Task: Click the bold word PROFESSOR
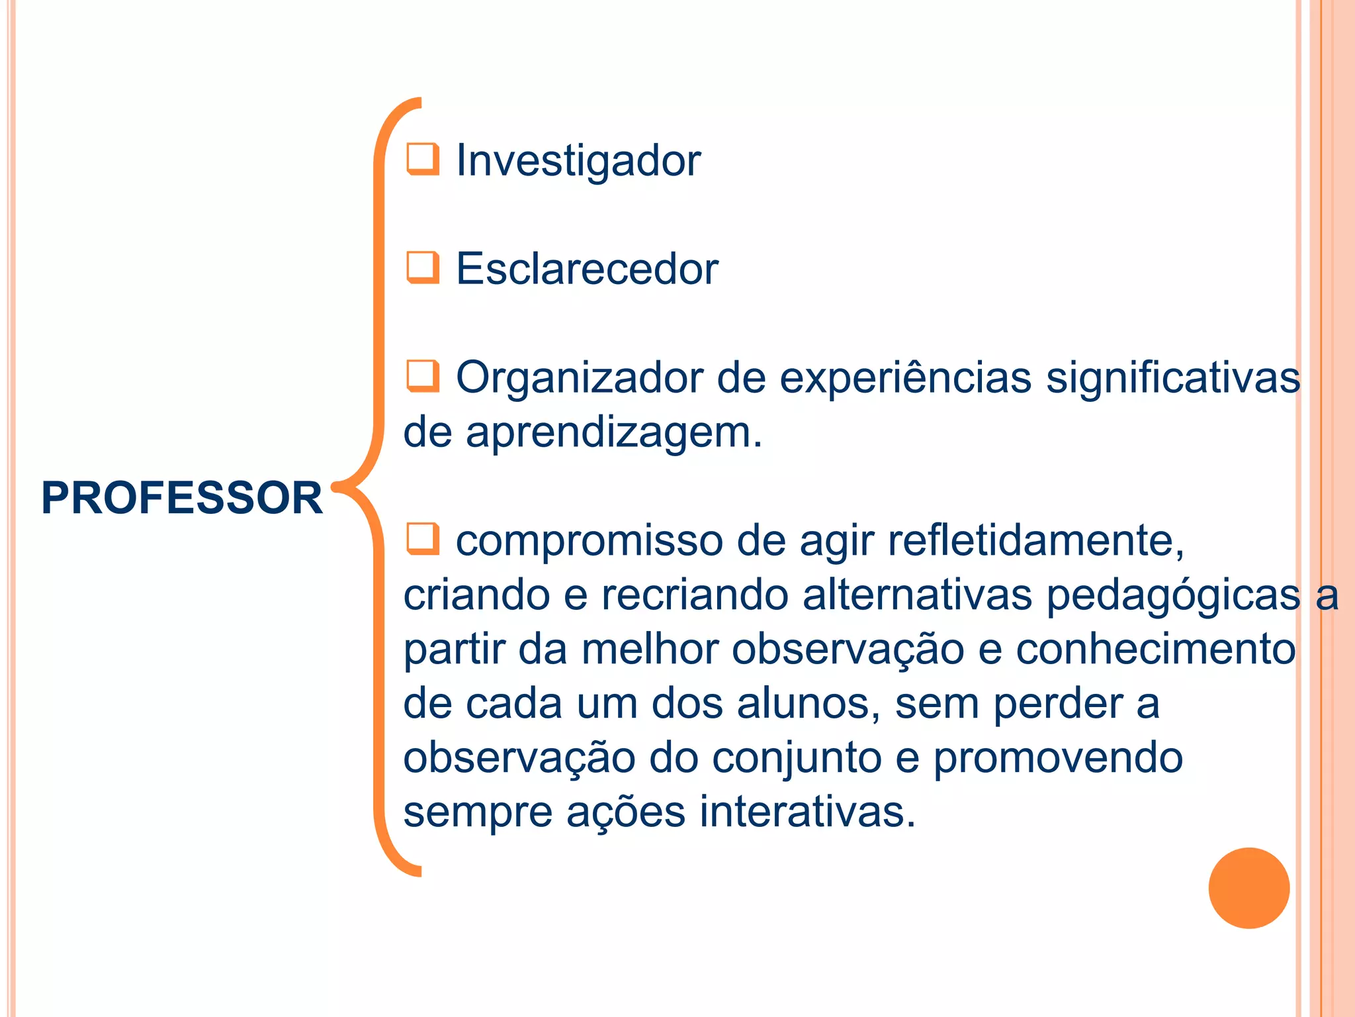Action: point(182,498)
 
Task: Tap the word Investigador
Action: point(578,161)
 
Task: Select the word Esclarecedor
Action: point(587,269)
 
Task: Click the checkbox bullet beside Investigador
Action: point(423,159)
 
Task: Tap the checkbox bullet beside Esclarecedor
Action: point(423,267)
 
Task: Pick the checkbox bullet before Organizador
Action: point(423,375)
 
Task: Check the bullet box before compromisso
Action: point(423,538)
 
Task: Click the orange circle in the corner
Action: point(1248,888)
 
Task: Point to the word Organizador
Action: point(579,379)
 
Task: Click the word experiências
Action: point(905,379)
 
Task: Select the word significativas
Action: point(1173,379)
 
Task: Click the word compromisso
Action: point(589,542)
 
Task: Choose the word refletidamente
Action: point(1035,542)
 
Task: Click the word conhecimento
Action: point(1156,650)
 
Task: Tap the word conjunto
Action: point(797,759)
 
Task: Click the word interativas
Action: point(807,812)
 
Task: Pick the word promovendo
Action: point(1058,759)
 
